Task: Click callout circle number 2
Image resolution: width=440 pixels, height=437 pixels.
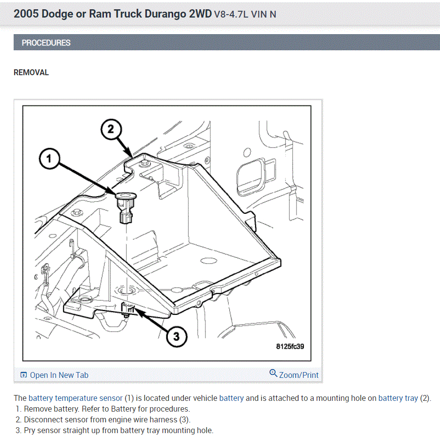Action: pyautogui.click(x=111, y=129)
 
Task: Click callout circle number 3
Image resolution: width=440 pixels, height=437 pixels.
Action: pyautogui.click(x=176, y=335)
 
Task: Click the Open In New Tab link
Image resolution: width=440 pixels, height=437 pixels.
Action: pyautogui.click(x=59, y=375)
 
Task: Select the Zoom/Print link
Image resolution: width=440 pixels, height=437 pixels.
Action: pyautogui.click(x=298, y=375)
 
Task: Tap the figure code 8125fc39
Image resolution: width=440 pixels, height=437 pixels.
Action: pyautogui.click(x=290, y=346)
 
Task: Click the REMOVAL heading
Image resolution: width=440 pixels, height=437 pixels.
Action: pyautogui.click(x=31, y=72)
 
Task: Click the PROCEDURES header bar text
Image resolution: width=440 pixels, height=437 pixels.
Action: pyautogui.click(x=46, y=42)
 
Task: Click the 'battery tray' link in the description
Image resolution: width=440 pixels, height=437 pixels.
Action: pyautogui.click(x=398, y=398)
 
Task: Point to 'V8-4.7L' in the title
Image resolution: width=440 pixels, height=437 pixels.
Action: pyautogui.click(x=231, y=14)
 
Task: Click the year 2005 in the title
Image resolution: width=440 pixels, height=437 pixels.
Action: pyautogui.click(x=26, y=14)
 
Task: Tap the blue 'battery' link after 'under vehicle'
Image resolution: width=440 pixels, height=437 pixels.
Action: pyautogui.click(x=231, y=398)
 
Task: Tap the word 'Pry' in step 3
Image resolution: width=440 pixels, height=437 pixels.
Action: pyautogui.click(x=30, y=430)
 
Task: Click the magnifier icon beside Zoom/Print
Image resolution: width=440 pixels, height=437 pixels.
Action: pyautogui.click(x=273, y=374)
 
